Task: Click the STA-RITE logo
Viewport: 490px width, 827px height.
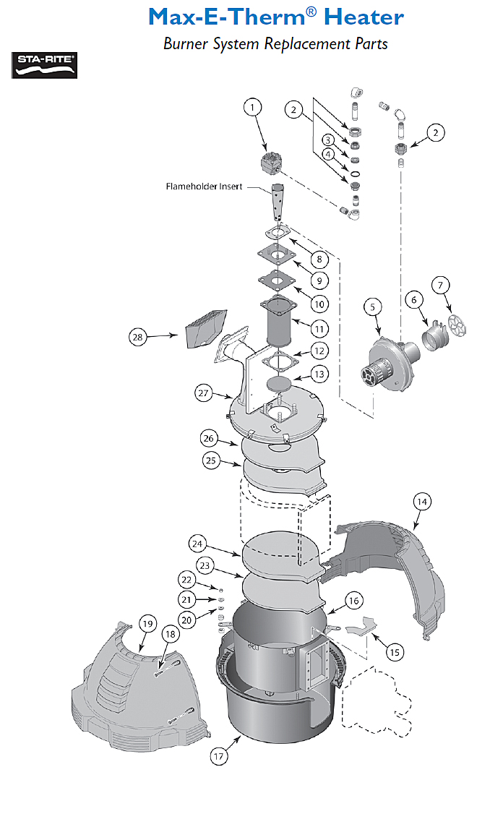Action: tap(45, 65)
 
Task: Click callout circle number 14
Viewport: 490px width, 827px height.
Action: tap(421, 501)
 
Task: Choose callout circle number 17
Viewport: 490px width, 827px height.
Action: tap(219, 757)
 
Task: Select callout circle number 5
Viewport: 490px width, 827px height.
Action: tap(372, 307)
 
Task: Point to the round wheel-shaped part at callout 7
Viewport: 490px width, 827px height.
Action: tap(456, 325)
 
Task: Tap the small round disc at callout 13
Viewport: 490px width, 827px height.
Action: tap(279, 382)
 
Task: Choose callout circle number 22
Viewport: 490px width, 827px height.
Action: tap(187, 580)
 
